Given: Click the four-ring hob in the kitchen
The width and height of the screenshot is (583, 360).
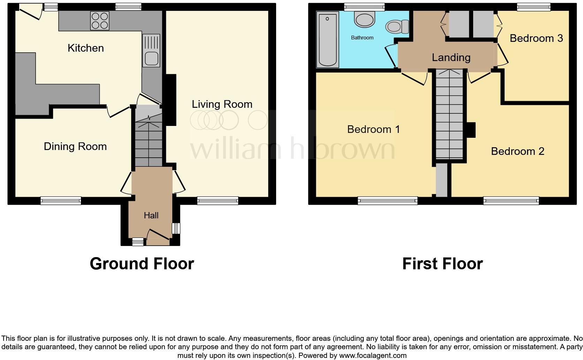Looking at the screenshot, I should [100, 21].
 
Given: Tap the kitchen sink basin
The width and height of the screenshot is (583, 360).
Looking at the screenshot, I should [151, 58].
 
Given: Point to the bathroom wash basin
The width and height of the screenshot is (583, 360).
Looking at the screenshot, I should [364, 19].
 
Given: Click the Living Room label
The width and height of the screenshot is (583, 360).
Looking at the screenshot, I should [222, 104].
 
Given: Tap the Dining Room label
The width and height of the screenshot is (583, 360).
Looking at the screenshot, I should [75, 147].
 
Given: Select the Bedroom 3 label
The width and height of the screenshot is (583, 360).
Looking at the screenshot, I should [536, 38].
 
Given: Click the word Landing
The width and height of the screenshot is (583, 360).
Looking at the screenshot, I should [451, 58].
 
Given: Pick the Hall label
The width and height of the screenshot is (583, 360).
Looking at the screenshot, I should [151, 216].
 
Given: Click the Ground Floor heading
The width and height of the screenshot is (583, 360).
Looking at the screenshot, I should [142, 264].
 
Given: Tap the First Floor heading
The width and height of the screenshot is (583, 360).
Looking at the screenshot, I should [442, 264].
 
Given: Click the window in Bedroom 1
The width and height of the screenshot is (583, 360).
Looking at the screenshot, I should [387, 201].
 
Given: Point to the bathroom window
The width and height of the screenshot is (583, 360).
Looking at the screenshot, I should [364, 7].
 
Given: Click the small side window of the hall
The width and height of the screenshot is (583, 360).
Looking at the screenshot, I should [176, 228].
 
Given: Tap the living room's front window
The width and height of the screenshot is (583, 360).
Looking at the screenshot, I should [218, 201].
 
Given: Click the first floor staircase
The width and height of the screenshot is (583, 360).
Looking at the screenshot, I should [450, 115].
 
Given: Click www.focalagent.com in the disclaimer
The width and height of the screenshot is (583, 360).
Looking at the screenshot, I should [372, 356].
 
